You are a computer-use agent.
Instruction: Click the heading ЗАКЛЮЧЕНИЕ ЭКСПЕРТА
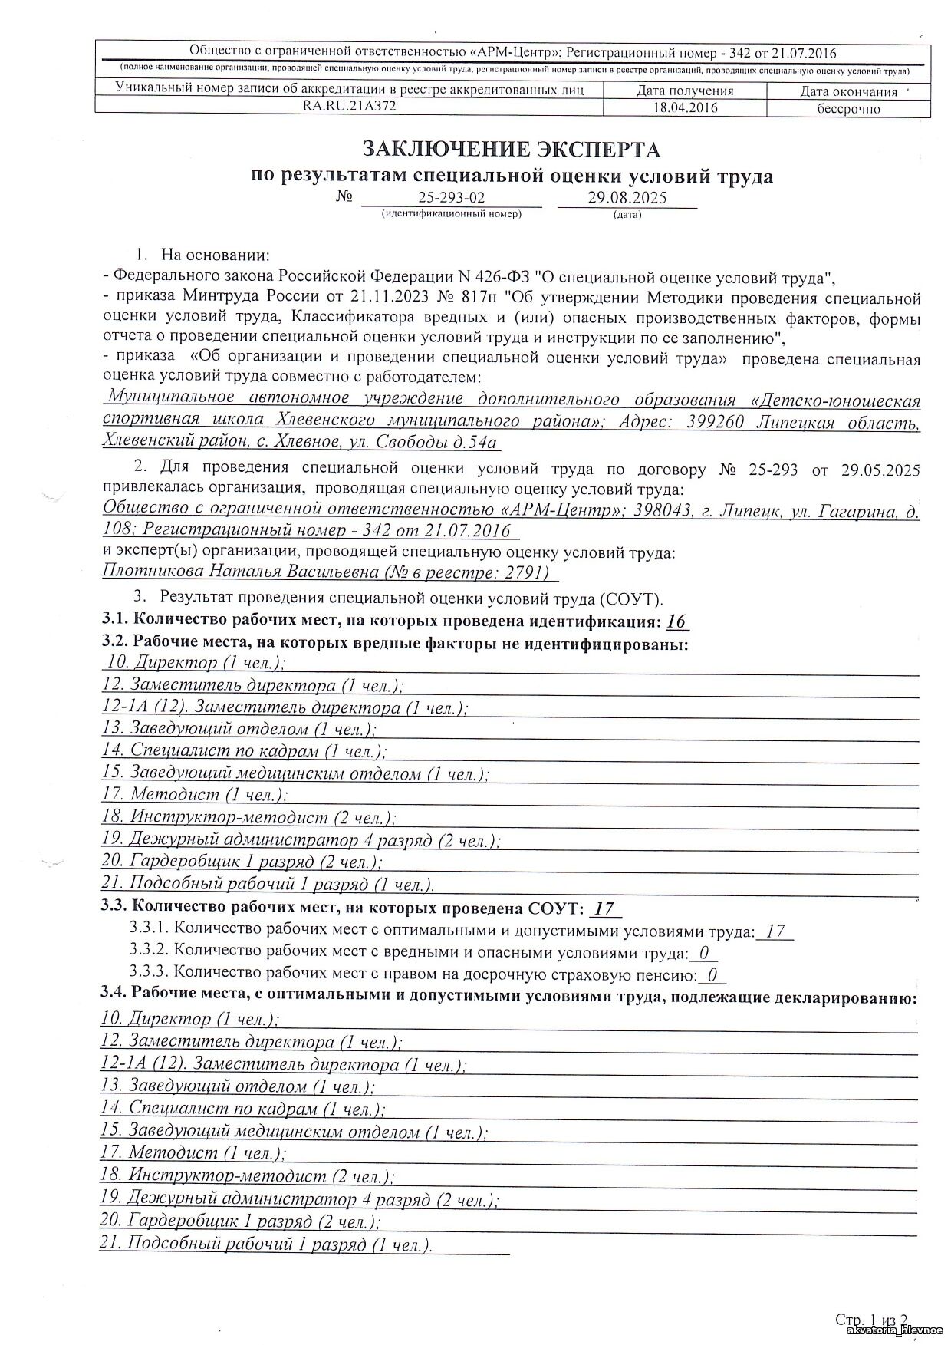tap(512, 148)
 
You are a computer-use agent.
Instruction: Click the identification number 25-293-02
tap(451, 197)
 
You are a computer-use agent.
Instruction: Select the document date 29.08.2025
tap(627, 197)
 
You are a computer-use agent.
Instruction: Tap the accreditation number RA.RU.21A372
tap(350, 107)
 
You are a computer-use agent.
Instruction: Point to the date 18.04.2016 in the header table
tap(685, 107)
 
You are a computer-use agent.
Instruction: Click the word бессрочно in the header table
tap(848, 108)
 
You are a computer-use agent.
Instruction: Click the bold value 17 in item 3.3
tap(604, 909)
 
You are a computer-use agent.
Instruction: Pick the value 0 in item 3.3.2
tap(703, 954)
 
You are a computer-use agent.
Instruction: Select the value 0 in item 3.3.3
tap(712, 975)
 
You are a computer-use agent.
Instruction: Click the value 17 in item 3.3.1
tap(775, 931)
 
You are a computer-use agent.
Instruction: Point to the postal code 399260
tap(716, 421)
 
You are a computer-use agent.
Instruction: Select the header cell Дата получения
tap(685, 91)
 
